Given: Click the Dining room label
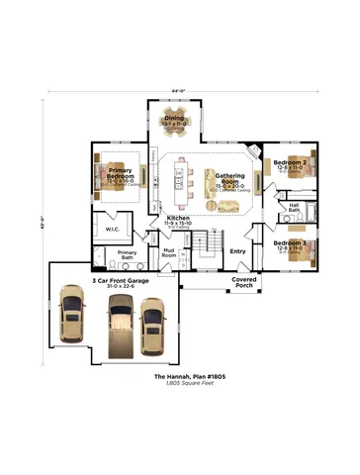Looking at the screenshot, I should [x=173, y=116].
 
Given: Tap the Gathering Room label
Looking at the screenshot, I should [x=229, y=176].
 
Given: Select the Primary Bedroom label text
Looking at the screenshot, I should [x=121, y=173].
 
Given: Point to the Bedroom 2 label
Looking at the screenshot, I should [x=290, y=161].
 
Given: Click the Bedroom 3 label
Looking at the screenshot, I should [x=290, y=242].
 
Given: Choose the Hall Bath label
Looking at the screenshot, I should [x=294, y=207].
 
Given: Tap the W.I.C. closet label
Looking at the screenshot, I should [x=112, y=230].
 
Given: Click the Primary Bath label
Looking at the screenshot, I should [x=127, y=253].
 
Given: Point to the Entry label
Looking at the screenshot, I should [x=237, y=250].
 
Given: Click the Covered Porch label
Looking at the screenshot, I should [x=245, y=282].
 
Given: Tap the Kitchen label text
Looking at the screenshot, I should [x=178, y=217].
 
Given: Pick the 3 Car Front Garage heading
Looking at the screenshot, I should [x=120, y=280].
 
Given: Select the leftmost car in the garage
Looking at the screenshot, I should [x=73, y=315].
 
